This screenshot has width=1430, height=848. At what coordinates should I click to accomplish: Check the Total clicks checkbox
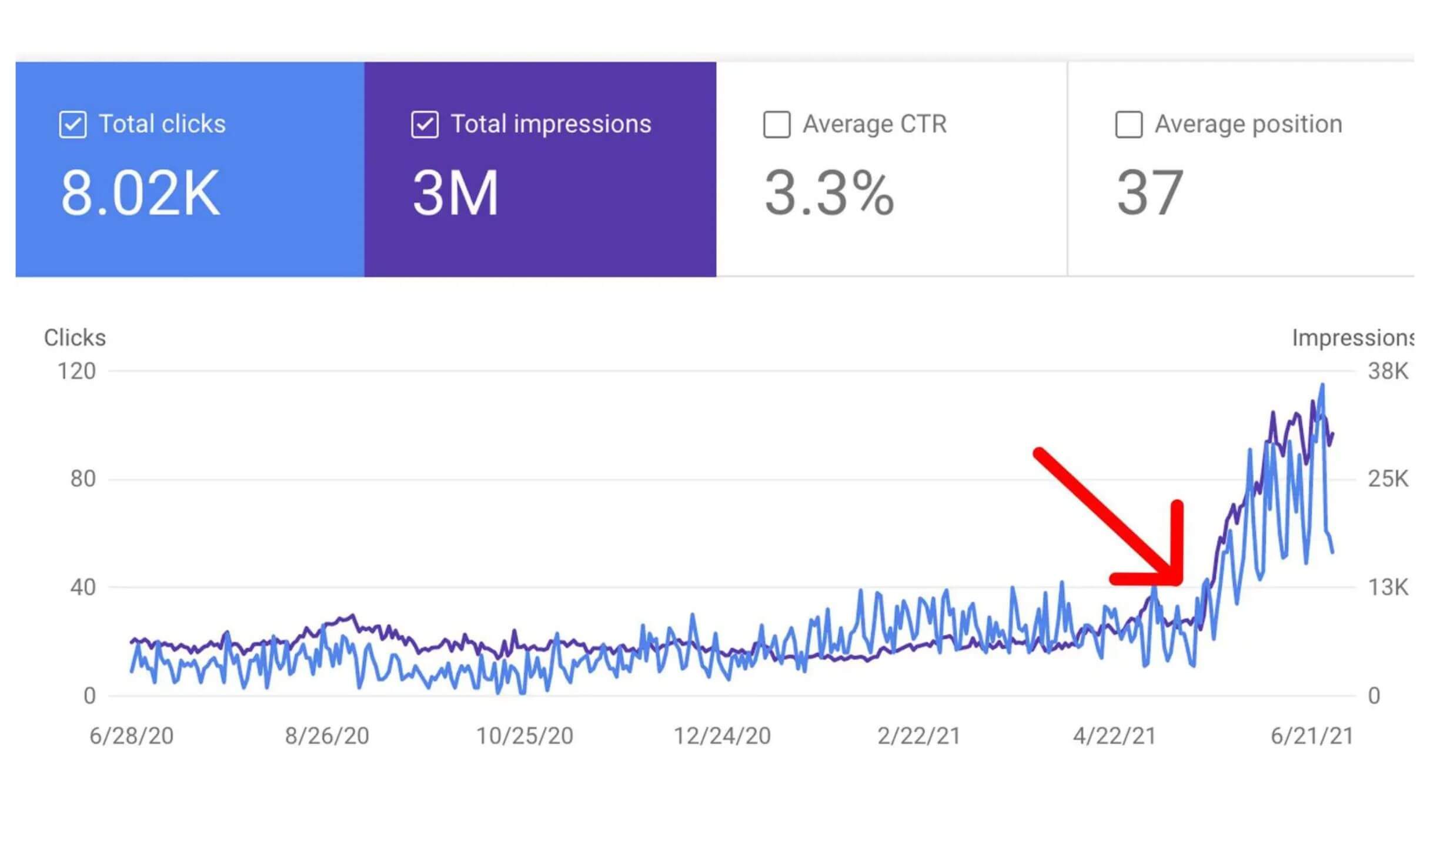[73, 125]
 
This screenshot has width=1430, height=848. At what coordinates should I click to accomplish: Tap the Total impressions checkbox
[425, 125]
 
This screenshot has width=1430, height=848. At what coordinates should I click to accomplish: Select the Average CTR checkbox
[776, 125]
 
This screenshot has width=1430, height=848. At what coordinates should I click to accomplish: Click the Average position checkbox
[1128, 125]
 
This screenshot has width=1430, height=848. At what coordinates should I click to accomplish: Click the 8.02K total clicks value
[140, 193]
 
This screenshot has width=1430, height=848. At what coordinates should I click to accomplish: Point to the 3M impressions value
[455, 193]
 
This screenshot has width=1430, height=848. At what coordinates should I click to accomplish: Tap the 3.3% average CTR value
[828, 193]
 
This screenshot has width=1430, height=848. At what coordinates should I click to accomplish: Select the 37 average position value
[1150, 193]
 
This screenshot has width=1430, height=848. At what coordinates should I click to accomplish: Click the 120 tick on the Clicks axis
[76, 372]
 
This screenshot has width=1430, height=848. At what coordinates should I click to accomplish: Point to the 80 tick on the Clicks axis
[83, 479]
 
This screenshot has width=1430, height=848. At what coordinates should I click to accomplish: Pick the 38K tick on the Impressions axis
[1388, 372]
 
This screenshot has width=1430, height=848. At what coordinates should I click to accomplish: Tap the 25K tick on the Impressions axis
[1388, 479]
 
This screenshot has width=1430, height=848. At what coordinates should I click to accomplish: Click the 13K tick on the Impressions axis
[1388, 587]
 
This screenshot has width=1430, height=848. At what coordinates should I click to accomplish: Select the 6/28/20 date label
[131, 736]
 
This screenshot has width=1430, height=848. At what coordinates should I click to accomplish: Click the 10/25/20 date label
[524, 736]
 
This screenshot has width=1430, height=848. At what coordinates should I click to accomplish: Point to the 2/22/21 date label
[918, 736]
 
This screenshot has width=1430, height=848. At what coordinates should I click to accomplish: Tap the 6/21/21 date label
[1312, 736]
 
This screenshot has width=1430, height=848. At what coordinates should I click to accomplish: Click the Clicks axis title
[75, 338]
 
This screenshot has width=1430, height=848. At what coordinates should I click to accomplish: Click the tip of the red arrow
[1178, 581]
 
